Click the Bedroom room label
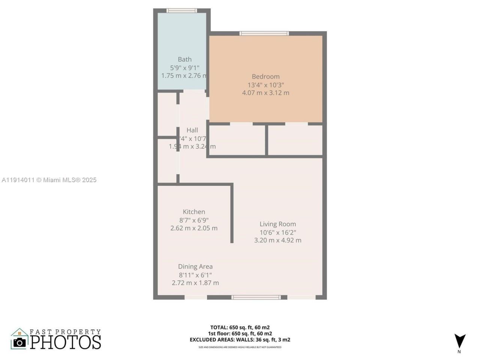pyautogui.click(x=265, y=76)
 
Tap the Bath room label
pyautogui.click(x=184, y=59)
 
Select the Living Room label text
pyautogui.click(x=277, y=224)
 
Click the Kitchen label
pyautogui.click(x=194, y=211)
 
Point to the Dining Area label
pyautogui.click(x=195, y=266)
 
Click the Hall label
pyautogui.click(x=192, y=130)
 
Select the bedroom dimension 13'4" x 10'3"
pyautogui.click(x=265, y=85)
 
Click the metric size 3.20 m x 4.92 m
pyautogui.click(x=277, y=240)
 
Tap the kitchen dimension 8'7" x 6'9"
pyautogui.click(x=194, y=220)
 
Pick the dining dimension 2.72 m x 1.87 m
pyautogui.click(x=195, y=283)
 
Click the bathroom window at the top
pyautogui.click(x=182, y=10)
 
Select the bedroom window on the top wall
pyautogui.click(x=264, y=33)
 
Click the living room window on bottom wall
pyautogui.click(x=256, y=297)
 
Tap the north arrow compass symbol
pyautogui.click(x=459, y=341)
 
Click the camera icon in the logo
pyautogui.click(x=19, y=342)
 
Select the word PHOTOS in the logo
pyautogui.click(x=66, y=342)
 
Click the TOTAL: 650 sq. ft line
pyautogui.click(x=240, y=327)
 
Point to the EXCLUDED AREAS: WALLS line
pyautogui.click(x=240, y=340)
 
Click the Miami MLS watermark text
pyautogui.click(x=49, y=180)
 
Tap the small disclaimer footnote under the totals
pyautogui.click(x=240, y=347)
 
